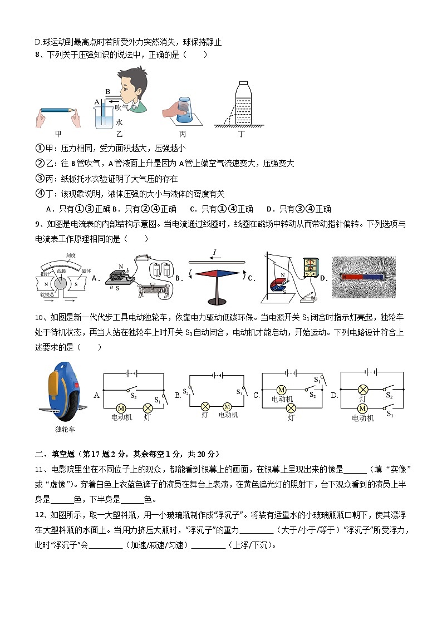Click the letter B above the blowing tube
click(x=108, y=91)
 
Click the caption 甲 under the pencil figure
click(x=58, y=134)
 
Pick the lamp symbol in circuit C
click(x=290, y=408)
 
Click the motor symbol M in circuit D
click(x=362, y=408)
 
